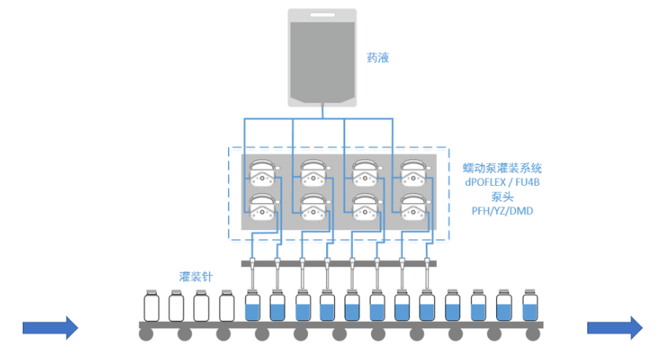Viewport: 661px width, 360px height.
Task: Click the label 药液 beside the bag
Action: tap(378, 57)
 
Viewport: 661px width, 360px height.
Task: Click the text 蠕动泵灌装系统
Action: tap(503, 168)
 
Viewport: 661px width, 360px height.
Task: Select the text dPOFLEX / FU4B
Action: tap(503, 182)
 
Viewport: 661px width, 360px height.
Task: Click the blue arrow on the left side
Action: tap(50, 327)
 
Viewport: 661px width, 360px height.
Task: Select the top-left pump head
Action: tap(263, 172)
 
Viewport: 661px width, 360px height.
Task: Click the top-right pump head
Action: tap(414, 172)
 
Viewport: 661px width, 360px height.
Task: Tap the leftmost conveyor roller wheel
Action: tap(147, 335)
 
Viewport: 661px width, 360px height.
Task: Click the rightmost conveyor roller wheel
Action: tap(532, 335)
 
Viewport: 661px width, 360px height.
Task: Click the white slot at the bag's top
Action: tap(321, 15)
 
